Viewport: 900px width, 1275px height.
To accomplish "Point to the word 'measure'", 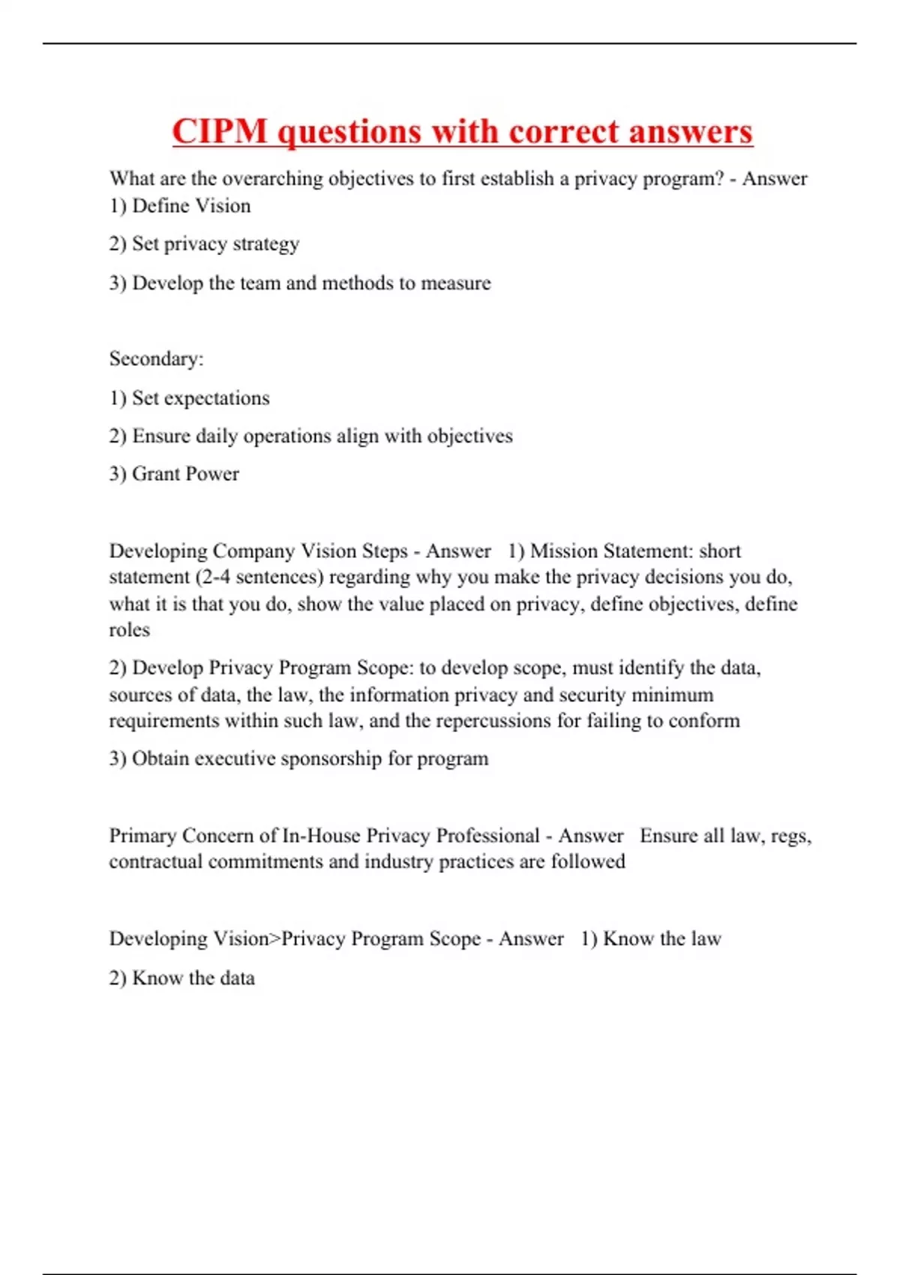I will point(456,283).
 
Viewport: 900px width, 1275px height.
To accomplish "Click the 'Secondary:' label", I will point(156,359).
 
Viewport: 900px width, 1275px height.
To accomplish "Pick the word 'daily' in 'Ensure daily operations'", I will point(217,436).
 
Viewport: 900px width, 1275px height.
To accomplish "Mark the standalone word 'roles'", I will point(129,630).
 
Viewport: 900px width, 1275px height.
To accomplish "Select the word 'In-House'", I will point(321,836).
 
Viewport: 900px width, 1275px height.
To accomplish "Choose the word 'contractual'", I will point(156,862).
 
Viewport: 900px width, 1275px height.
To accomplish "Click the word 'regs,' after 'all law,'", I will point(791,836).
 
